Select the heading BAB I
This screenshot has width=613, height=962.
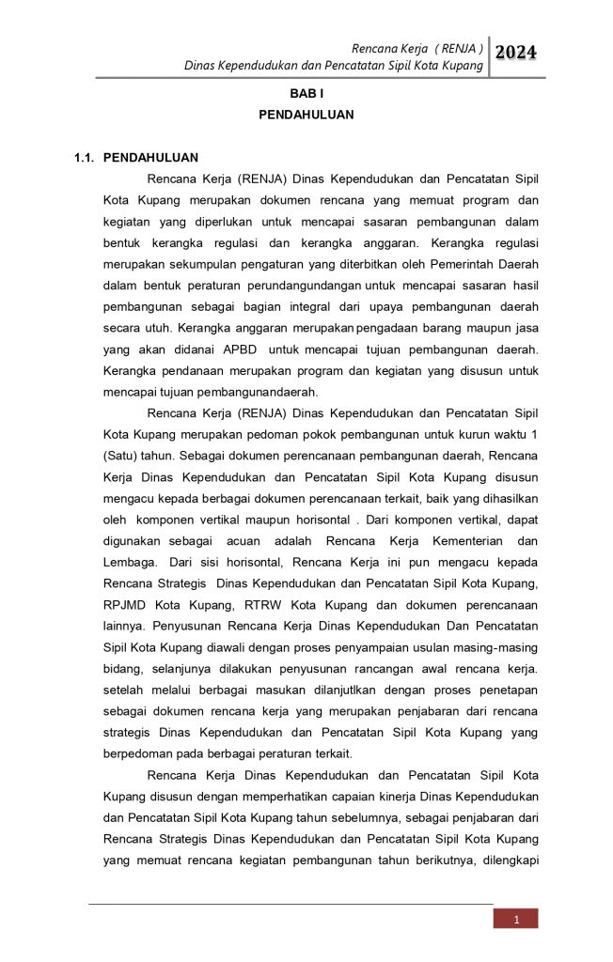(x=306, y=95)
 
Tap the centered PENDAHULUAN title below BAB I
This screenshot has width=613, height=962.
(x=306, y=115)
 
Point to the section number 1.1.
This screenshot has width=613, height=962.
(x=86, y=157)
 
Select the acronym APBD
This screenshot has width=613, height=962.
(x=242, y=349)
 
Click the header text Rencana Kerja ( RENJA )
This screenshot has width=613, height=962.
(x=417, y=48)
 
